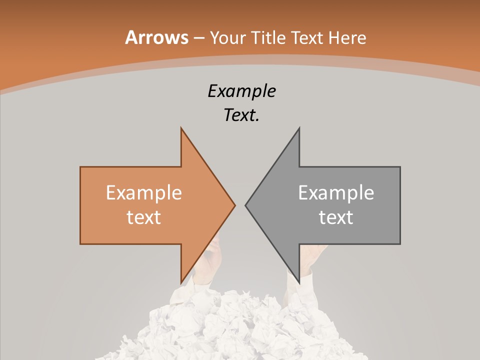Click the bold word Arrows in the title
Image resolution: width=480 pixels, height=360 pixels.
pos(156,37)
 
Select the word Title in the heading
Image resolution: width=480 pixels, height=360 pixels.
pos(269,37)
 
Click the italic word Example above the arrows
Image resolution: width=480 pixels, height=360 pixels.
pos(241,91)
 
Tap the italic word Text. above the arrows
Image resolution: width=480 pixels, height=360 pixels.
pos(241,115)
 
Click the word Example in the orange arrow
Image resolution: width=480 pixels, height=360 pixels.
pos(144,193)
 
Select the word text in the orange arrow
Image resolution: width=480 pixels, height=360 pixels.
pos(144,217)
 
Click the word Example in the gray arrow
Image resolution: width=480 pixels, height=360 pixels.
pos(336,193)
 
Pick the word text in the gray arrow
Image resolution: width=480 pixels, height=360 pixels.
pos(336,217)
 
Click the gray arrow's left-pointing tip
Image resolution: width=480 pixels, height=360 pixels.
pos(246,205)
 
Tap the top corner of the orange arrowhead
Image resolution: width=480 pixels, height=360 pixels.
pos(181,128)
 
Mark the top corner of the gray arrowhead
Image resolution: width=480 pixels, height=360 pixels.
pos(299,128)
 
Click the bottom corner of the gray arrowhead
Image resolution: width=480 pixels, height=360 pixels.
pos(299,282)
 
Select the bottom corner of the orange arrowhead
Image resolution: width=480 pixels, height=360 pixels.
pos(181,282)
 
